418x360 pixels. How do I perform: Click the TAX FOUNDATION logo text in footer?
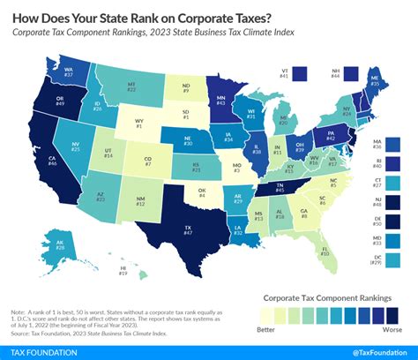coord(44,351)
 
